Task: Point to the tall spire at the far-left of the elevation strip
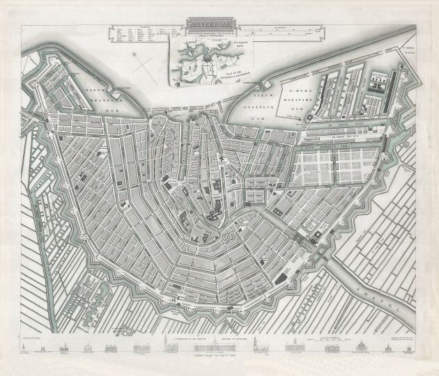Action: (33, 345)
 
